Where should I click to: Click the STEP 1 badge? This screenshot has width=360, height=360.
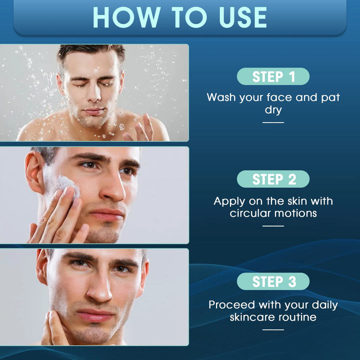coord(273,76)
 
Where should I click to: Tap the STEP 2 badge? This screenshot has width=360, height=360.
coord(273,179)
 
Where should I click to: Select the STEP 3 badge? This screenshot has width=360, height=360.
coord(273,281)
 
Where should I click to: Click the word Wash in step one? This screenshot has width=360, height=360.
coord(222,97)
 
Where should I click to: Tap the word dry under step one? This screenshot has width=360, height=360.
coord(273,110)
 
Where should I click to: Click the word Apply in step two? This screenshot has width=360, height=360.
coord(229,201)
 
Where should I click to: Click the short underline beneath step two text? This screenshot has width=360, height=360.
coord(273,226)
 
